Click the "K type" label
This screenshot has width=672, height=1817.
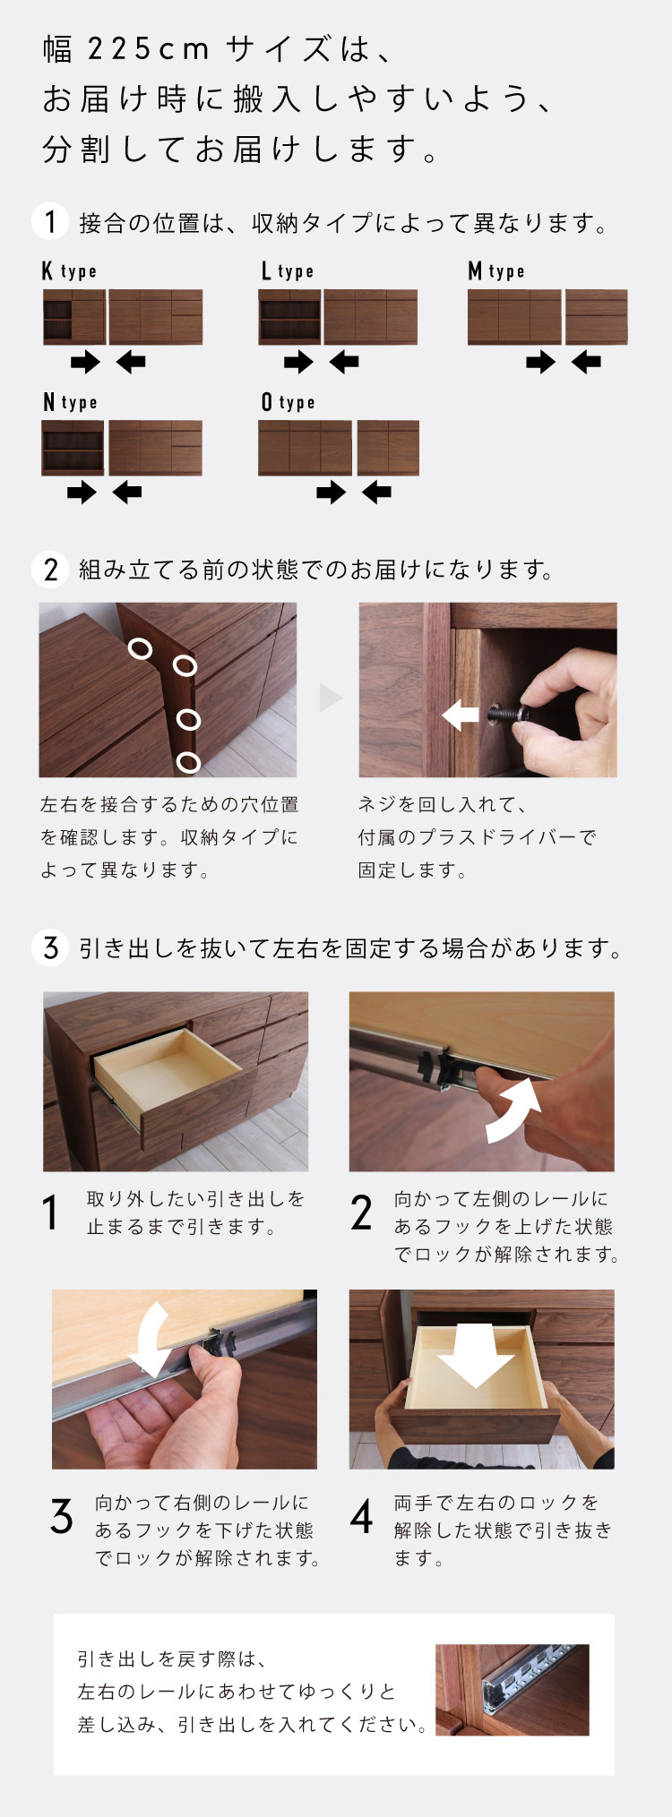(x=69, y=270)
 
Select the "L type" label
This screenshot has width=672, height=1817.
(x=288, y=270)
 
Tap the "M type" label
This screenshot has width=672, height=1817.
(x=496, y=270)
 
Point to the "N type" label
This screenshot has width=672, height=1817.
(x=69, y=402)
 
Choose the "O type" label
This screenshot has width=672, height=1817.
(x=288, y=402)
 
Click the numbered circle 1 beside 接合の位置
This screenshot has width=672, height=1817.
(x=50, y=221)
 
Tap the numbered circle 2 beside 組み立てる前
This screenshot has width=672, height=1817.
(x=50, y=569)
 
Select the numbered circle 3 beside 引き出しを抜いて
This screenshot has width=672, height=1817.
(x=50, y=947)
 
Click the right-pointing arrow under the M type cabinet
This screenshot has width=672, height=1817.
(x=540, y=362)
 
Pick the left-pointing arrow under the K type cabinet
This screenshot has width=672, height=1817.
(x=131, y=362)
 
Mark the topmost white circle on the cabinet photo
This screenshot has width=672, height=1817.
(x=140, y=647)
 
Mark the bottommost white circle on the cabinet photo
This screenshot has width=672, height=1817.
(x=188, y=762)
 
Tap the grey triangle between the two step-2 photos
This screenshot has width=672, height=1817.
(x=331, y=698)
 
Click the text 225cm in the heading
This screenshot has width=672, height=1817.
(x=148, y=49)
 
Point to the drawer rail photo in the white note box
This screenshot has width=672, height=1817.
(x=513, y=1689)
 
